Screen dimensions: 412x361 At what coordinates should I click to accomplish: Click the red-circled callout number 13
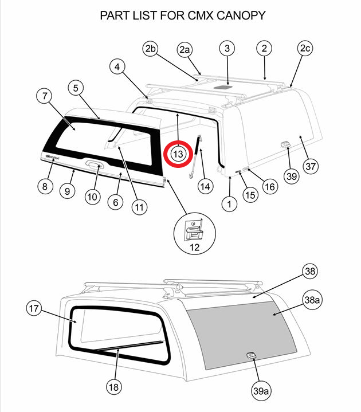pos(178,154)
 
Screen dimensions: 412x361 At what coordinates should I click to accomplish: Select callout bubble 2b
pos(151,49)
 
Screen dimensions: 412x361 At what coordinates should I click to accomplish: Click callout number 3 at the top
pos(227,49)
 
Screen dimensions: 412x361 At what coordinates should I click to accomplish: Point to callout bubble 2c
pos(304,49)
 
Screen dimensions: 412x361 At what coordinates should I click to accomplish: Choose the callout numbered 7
pos(44,96)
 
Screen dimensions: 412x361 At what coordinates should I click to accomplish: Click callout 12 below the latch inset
pos(194,247)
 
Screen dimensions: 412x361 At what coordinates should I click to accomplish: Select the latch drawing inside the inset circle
pos(194,230)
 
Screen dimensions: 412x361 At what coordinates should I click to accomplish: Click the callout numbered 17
pos(35,308)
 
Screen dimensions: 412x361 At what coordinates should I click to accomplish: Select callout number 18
pos(114,387)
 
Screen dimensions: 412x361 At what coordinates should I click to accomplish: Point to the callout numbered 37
pos(310,166)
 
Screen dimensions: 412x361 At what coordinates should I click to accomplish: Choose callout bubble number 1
pos(230,203)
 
